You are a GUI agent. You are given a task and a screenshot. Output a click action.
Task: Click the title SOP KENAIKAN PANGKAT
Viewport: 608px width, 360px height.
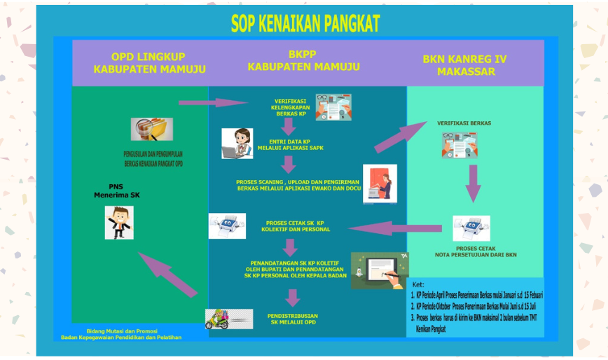coord(305,25)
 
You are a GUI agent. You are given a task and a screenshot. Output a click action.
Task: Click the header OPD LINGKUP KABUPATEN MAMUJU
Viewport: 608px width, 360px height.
coord(149,62)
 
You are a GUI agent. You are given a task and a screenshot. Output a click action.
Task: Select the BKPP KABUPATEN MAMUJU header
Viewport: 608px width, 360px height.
coord(303,60)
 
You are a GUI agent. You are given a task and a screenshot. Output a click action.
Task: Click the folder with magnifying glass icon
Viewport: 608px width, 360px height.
coord(151,129)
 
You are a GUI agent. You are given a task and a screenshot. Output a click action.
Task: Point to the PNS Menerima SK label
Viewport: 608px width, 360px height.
coord(116,191)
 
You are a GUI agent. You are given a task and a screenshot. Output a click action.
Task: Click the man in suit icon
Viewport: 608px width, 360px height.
coord(119,222)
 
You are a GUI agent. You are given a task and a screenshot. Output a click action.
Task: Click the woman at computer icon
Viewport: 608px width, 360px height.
coord(237,143)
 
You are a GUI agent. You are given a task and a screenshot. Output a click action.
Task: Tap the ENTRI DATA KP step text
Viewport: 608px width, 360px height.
coord(289,145)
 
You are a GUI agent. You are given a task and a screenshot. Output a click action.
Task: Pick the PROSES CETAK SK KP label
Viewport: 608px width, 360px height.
coord(295,226)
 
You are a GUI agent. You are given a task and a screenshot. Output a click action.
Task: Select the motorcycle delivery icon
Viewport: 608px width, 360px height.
coord(229,319)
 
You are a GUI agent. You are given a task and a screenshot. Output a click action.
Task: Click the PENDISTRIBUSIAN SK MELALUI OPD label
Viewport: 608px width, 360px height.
coord(293,319)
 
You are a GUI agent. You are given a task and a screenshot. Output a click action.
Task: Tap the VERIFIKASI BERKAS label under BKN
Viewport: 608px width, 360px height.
coord(464,123)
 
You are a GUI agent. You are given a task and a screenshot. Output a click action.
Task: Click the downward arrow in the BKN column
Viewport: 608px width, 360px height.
coord(474,184)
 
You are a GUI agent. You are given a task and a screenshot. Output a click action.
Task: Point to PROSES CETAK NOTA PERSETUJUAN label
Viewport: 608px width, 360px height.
coord(476,251)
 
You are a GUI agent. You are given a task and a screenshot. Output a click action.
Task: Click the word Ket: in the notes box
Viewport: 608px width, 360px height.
coord(418,285)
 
